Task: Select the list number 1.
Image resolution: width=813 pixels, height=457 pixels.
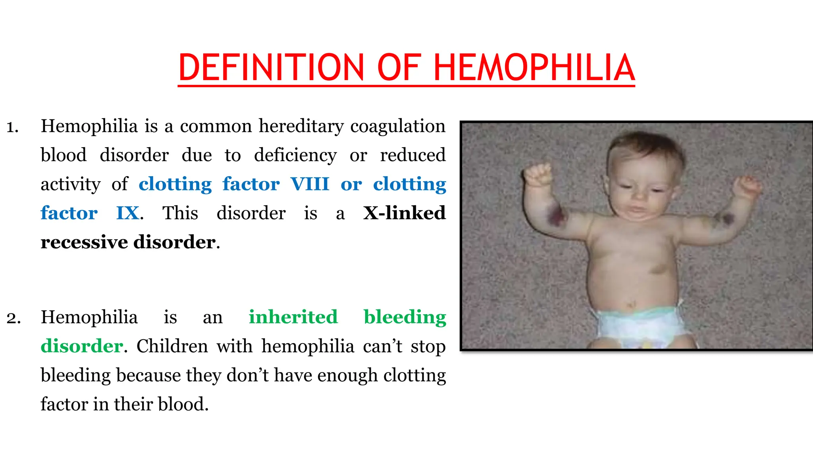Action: [12, 127]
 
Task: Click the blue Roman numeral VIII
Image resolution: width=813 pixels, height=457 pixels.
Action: [310, 184]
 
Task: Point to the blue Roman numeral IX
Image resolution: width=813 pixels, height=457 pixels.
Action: [127, 213]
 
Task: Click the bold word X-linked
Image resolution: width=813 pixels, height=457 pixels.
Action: [404, 213]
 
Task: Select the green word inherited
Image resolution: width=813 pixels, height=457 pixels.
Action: [293, 317]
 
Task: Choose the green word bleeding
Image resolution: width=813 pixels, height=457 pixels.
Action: [405, 318]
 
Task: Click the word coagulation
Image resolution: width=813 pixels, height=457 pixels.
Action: [398, 127]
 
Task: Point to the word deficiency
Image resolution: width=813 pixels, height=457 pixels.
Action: [295, 156]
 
